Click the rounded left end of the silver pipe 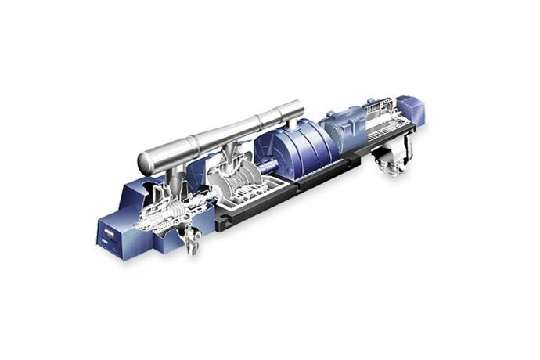click(146, 162)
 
